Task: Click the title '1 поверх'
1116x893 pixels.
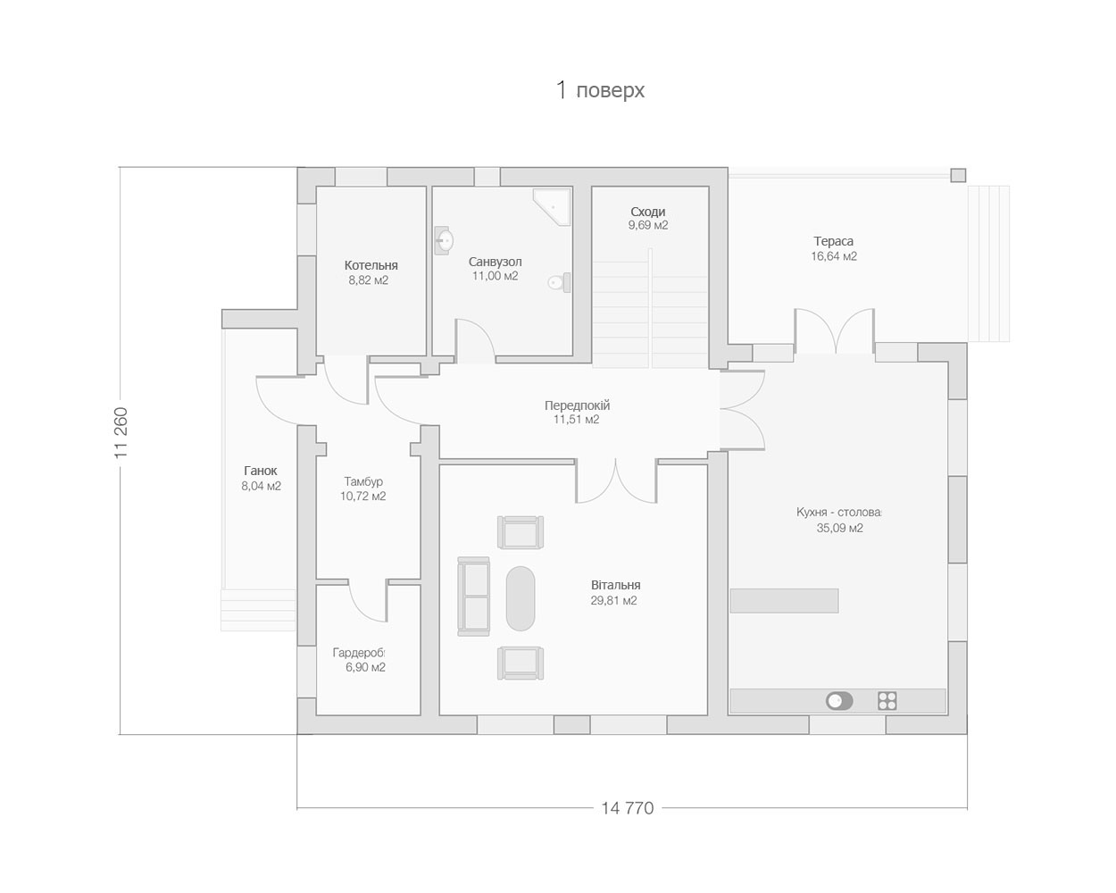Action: pos(600,90)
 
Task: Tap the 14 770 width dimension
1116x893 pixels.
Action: pos(627,808)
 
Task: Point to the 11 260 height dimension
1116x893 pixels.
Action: pos(121,433)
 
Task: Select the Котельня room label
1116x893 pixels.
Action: pos(371,265)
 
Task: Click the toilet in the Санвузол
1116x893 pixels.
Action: pos(560,282)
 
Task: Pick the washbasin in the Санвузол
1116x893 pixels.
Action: pos(444,240)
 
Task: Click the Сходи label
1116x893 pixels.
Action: pos(647,211)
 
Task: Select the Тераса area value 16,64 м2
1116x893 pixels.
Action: pos(834,256)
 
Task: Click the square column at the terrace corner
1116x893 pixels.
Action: pos(958,175)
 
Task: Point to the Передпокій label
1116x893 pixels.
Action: pos(577,405)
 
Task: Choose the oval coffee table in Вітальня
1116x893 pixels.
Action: pos(521,598)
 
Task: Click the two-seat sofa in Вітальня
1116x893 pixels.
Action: pos(473,597)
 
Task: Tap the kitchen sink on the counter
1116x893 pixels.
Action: pos(839,701)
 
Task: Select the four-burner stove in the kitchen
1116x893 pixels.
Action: pos(887,701)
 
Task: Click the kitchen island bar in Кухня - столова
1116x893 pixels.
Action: pos(784,601)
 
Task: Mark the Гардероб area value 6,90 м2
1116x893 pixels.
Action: pos(365,667)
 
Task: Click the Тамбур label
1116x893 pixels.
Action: pos(363,481)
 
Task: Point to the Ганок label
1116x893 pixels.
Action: pos(261,471)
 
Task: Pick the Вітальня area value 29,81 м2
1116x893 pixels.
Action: pos(613,601)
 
